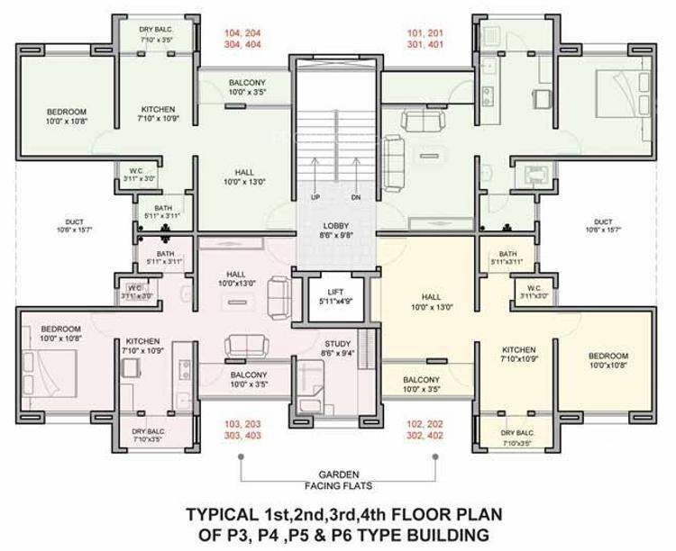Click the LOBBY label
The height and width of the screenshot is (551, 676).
[337, 226]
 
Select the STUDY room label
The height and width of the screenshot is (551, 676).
[337, 344]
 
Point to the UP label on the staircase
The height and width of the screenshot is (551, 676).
[315, 197]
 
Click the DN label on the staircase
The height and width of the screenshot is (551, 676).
[356, 197]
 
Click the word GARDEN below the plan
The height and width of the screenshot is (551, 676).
[338, 474]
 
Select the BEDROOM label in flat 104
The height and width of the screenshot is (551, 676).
[67, 113]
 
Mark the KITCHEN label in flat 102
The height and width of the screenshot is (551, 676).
[519, 349]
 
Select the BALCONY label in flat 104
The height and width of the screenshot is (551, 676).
[246, 81]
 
